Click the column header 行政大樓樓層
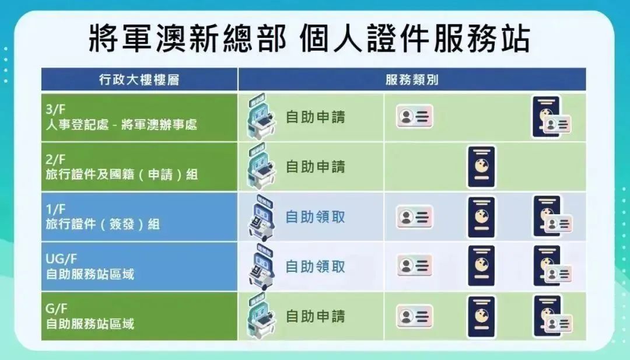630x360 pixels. point(139,80)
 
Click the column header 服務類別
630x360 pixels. point(412,80)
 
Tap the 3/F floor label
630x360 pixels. point(55,109)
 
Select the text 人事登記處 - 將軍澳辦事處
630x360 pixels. point(121,124)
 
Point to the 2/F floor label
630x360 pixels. point(55,159)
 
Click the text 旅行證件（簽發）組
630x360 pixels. point(103,224)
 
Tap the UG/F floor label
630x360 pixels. point(61,258)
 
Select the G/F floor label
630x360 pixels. point(56,309)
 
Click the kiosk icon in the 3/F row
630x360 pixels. point(261,117)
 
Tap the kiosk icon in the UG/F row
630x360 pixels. point(261,266)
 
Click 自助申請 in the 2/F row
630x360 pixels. point(316,166)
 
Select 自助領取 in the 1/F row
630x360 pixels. point(316,217)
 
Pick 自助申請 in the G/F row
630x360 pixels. point(316,316)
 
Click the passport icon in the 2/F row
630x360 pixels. point(481,167)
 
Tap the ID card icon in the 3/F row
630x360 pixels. point(414,117)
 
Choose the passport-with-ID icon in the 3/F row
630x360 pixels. point(551,117)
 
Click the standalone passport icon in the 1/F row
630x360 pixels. point(481,217)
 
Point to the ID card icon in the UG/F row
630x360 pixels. point(414,265)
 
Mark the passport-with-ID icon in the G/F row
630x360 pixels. point(552,316)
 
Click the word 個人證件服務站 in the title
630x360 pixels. point(415,39)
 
